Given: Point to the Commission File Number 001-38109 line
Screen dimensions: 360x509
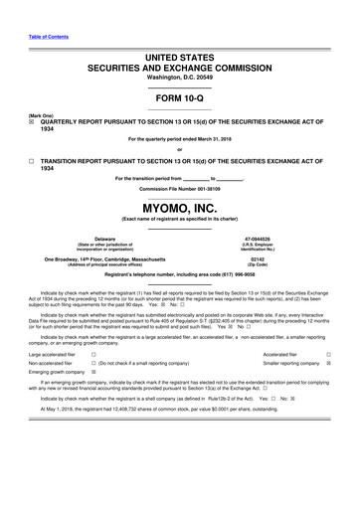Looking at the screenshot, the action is [179, 185].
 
